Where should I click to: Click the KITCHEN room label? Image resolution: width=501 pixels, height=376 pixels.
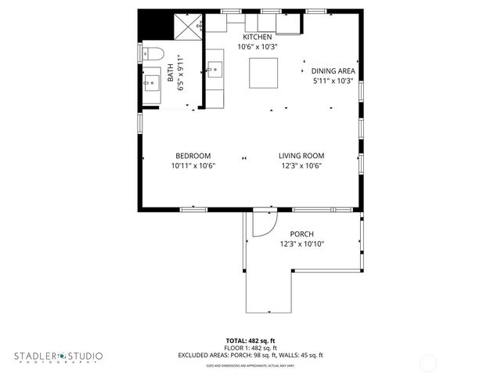coord(258,38)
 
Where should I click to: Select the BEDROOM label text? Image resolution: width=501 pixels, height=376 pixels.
coord(193,155)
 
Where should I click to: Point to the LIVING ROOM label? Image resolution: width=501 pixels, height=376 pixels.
coord(301,155)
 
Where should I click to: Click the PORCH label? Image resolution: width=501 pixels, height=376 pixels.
coord(301,234)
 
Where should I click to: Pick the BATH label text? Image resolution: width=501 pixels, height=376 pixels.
coord(171,74)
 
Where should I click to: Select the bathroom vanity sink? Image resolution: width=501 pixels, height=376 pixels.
coord(152,81)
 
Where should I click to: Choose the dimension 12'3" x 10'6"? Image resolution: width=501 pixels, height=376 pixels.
coord(301,166)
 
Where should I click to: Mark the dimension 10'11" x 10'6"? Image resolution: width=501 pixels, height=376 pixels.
coord(193,166)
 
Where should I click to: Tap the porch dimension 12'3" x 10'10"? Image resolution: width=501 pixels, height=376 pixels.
coord(301,244)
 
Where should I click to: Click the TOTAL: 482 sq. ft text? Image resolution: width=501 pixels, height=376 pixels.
coord(250,341)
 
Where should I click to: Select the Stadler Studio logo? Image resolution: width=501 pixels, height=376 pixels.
coord(58,356)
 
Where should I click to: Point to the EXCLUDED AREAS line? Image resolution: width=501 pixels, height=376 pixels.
coord(250,355)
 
